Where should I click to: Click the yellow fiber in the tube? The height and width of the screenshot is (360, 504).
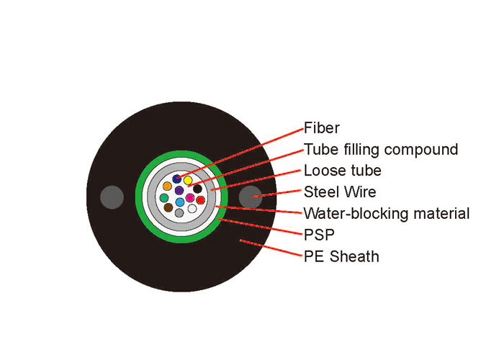tap(188, 180)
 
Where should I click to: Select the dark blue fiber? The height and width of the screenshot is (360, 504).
tap(177, 179)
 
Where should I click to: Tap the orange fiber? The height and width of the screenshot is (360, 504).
tap(167, 186)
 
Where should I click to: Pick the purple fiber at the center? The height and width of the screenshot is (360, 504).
tap(179, 190)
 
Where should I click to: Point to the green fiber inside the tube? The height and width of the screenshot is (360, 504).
tap(164, 198)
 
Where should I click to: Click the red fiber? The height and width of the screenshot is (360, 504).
tap(201, 200)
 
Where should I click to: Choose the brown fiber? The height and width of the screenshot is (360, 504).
tap(168, 207)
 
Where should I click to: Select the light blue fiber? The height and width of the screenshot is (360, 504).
tap(180, 202)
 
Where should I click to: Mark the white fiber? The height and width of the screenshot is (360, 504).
tap(192, 209)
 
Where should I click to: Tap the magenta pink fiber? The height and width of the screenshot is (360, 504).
tap(190, 198)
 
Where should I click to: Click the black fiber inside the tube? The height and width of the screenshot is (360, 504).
tap(197, 189)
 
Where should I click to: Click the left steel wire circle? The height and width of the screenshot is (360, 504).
tap(112, 197)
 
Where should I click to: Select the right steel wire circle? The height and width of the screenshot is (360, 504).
tap(251, 197)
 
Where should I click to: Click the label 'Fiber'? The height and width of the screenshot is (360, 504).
tap(322, 128)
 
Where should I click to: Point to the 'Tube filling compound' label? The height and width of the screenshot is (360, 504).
tap(381, 150)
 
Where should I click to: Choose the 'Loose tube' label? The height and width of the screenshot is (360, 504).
tap(343, 171)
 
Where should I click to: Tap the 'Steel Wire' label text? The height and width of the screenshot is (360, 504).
tap(340, 192)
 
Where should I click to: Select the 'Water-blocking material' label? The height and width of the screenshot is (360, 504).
tap(387, 213)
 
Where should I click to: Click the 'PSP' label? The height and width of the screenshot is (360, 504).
tap(319, 235)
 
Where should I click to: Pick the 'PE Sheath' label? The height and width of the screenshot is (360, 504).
tap(342, 256)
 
